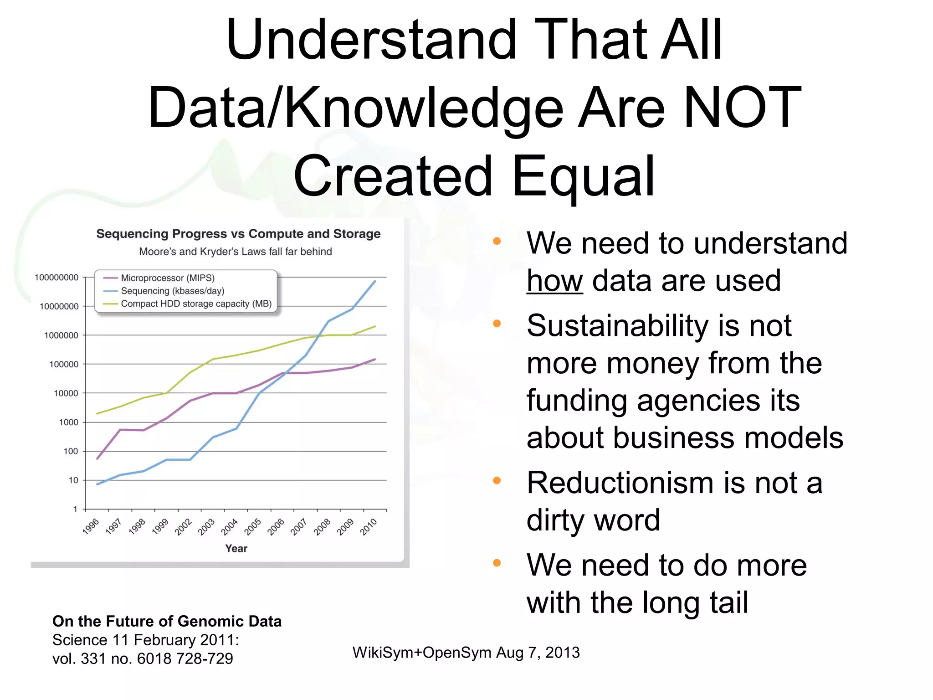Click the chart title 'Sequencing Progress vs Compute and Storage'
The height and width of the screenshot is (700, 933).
[238, 234]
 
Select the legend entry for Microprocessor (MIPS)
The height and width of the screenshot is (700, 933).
[167, 278]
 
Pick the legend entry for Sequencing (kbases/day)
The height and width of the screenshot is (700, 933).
[172, 291]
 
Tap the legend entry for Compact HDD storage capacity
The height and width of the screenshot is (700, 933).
[196, 304]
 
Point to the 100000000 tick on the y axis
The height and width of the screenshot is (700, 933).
[56, 278]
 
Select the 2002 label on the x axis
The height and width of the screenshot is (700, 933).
[183, 526]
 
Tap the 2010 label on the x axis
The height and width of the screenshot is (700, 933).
[369, 526]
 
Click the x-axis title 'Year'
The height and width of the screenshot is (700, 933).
[236, 549]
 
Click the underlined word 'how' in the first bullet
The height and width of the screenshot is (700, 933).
[554, 281]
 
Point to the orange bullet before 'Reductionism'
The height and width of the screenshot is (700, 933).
[497, 480]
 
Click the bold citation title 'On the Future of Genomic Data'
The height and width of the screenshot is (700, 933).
[167, 621]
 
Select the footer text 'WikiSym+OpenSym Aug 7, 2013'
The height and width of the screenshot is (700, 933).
[466, 653]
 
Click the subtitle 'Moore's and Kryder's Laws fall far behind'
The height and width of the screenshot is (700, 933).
[235, 252]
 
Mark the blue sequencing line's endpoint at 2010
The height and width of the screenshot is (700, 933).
[375, 281]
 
